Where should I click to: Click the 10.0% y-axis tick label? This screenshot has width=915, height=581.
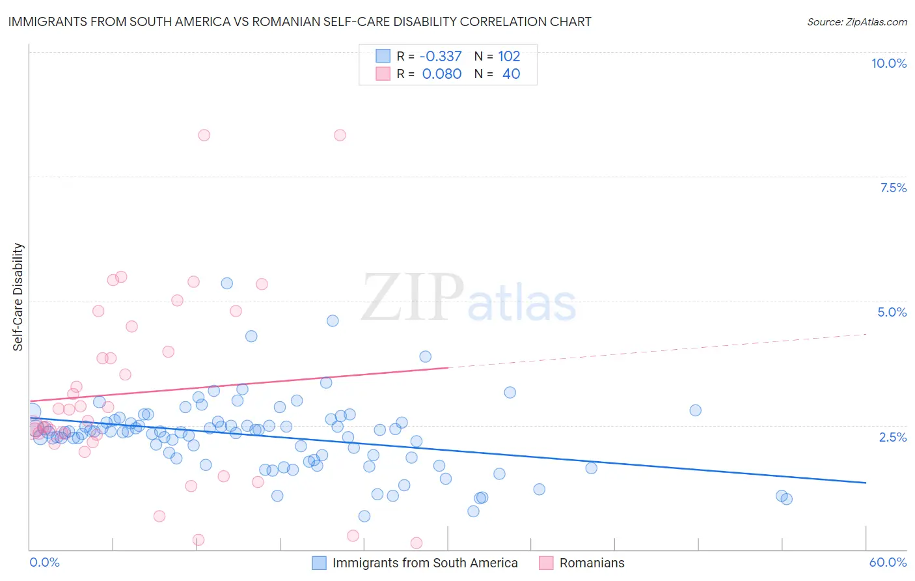coord(888,63)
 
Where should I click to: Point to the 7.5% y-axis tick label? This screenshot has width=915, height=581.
coord(893,188)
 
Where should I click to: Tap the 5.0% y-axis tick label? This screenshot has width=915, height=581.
coord(892,312)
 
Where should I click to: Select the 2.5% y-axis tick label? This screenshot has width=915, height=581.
coord(892,437)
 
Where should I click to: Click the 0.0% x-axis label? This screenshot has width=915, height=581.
coord(44,562)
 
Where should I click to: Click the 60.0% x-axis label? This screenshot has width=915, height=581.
coord(887,562)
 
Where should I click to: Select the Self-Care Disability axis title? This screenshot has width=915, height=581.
coord(18,297)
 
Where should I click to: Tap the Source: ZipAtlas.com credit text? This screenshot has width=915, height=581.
coord(856,21)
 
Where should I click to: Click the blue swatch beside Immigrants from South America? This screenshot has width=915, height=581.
coord(319,563)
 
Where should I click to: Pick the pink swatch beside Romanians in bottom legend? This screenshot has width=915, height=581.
coord(546,563)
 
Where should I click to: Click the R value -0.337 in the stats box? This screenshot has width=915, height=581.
coord(441,56)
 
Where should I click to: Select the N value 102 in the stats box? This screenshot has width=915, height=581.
coord(509,56)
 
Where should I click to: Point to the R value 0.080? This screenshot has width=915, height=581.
coord(442,74)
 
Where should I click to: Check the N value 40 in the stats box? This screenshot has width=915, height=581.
coord(511,74)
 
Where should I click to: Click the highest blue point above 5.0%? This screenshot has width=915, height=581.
coord(227,283)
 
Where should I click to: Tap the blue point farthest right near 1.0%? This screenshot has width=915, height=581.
coord(786,499)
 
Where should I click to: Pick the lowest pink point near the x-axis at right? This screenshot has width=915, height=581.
coord(417,543)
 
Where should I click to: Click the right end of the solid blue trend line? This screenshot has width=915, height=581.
coord(866,483)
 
